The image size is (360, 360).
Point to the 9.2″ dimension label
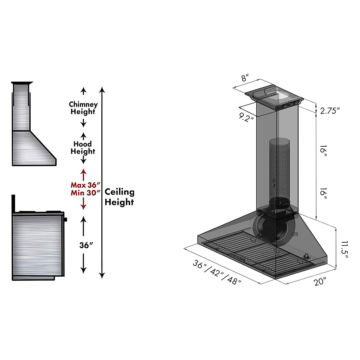(x=247, y=116)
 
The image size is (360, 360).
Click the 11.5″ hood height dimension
(x=343, y=248)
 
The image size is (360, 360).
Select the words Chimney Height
(x=83, y=108)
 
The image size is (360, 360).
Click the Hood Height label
(x=83, y=148)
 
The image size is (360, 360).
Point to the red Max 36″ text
(x=85, y=185)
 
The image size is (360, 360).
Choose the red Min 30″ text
(x=85, y=193)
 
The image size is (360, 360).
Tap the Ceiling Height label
(x=119, y=197)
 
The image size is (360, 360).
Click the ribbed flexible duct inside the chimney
(x=280, y=168)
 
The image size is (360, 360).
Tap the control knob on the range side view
(x=65, y=219)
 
